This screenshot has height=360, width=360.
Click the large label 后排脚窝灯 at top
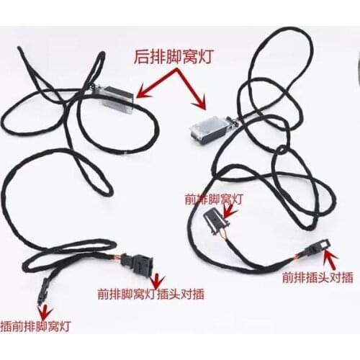tap(174, 57)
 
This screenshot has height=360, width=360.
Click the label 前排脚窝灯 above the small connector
tap(214, 199)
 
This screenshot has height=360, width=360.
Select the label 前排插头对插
tap(318, 277)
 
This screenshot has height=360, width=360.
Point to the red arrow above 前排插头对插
tap(330, 259)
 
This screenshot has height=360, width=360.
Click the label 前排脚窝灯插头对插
tap(151, 294)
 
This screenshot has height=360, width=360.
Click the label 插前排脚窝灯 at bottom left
tap(35, 326)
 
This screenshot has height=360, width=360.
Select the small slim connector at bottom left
tap(43, 291)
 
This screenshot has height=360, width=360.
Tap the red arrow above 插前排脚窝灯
tap(45, 311)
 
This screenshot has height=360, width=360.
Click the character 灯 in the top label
tap(205, 57)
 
